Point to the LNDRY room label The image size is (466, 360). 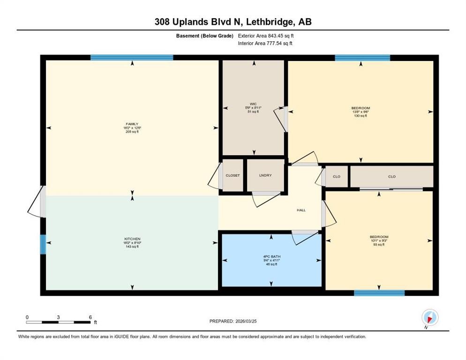click(265, 175)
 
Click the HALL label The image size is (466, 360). click(301, 210)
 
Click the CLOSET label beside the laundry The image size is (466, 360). click(233, 175)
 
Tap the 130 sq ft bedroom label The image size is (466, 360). click(360, 112)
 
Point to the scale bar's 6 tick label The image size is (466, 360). click(90, 317)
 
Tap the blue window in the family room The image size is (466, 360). click(132, 58)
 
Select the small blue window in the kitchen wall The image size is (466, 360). click(43, 244)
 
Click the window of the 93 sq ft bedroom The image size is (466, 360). click(379, 293)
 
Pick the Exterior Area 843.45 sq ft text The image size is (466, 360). click(266, 36)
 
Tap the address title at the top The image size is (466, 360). click(233, 22)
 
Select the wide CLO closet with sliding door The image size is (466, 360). click(391, 177)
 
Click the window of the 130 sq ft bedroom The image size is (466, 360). click(362, 58)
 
